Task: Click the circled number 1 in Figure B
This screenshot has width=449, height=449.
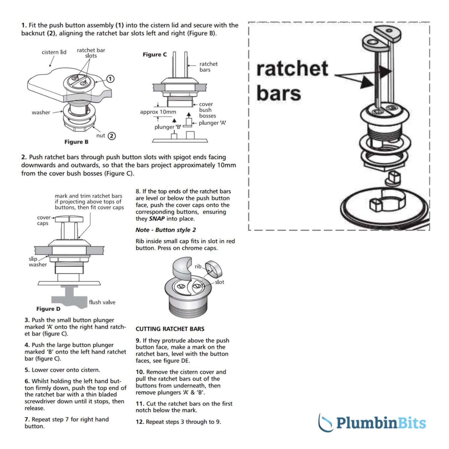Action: pyautogui.click(x=110, y=79)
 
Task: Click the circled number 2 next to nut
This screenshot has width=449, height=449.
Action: pyautogui.click(x=112, y=136)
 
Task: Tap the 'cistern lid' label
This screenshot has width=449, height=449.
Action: pyautogui.click(x=54, y=52)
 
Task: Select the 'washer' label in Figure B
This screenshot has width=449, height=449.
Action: pyautogui.click(x=41, y=113)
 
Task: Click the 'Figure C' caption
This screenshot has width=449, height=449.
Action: pyautogui.click(x=155, y=54)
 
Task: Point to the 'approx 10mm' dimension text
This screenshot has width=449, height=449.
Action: pyautogui.click(x=158, y=112)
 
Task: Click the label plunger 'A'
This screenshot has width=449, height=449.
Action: pyautogui.click(x=212, y=123)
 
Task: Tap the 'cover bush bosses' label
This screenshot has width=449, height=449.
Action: pyautogui.click(x=207, y=110)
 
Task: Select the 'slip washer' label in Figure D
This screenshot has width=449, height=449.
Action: pyautogui.click(x=37, y=262)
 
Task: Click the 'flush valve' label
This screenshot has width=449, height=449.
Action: pyautogui.click(x=102, y=302)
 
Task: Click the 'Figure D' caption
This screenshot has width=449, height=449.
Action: pyautogui.click(x=48, y=309)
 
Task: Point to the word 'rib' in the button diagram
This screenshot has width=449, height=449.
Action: pyautogui.click(x=198, y=266)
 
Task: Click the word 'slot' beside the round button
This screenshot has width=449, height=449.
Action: pyautogui.click(x=219, y=282)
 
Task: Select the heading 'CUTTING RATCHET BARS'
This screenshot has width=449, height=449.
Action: pyautogui.click(x=170, y=329)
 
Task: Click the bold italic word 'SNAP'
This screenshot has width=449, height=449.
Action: pyautogui.click(x=157, y=219)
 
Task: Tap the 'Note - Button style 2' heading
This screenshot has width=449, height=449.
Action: pyautogui.click(x=166, y=230)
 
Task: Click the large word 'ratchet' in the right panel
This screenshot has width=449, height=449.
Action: pyautogui.click(x=292, y=69)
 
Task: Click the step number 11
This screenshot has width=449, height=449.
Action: pyautogui.click(x=140, y=404)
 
